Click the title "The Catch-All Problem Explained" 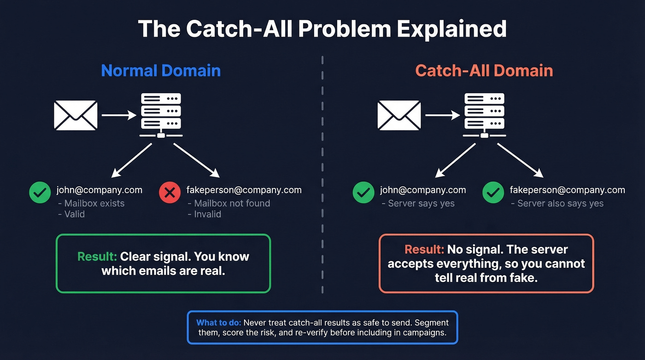pyautogui.click(x=322, y=29)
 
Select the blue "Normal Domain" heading pyautogui.click(x=161, y=71)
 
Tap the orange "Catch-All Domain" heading pyautogui.click(x=484, y=71)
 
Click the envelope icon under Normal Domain pyautogui.click(x=76, y=115)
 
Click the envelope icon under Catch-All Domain pyautogui.click(x=399, y=115)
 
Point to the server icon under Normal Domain pyautogui.click(x=161, y=115)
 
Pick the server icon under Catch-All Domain pyautogui.click(x=484, y=115)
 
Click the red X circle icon pyautogui.click(x=170, y=193)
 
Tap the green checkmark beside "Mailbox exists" pyautogui.click(x=40, y=193)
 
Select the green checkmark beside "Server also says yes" pyautogui.click(x=493, y=193)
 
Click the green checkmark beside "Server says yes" pyautogui.click(x=364, y=193)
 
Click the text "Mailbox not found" pyautogui.click(x=232, y=203)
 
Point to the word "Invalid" pyautogui.click(x=207, y=214)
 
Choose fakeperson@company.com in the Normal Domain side pyautogui.click(x=244, y=190)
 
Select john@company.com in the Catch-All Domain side pyautogui.click(x=423, y=190)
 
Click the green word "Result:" pyautogui.click(x=97, y=257)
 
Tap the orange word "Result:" pyautogui.click(x=424, y=249)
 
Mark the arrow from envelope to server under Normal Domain pyautogui.click(x=119, y=115)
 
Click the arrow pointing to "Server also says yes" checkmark pyautogui.click(x=520, y=160)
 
